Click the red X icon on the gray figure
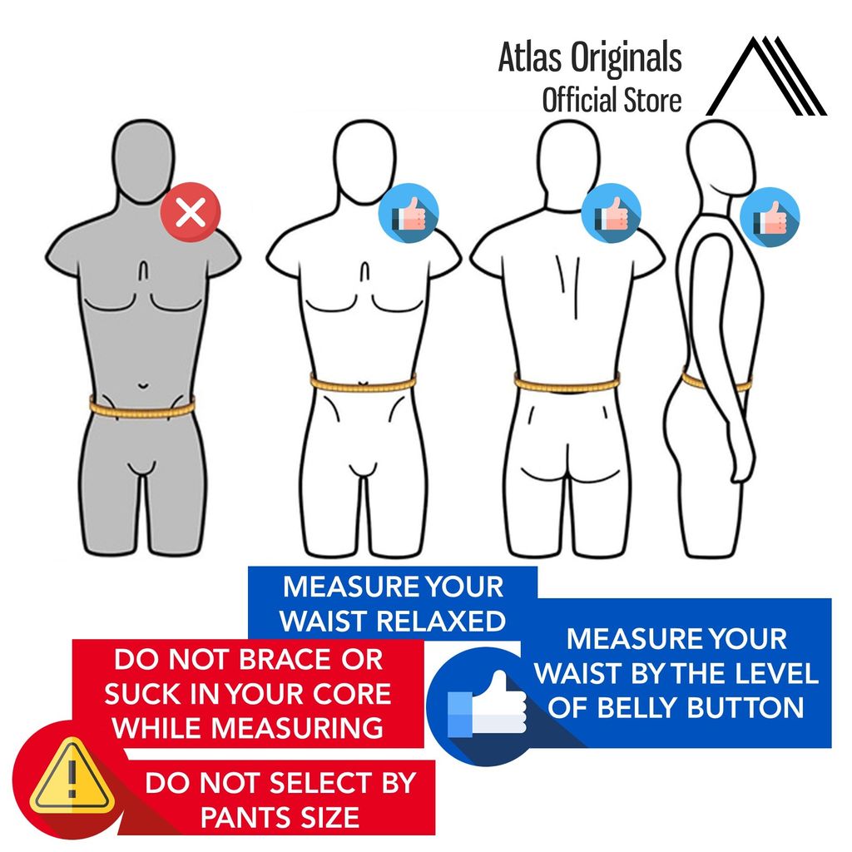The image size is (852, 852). [x=192, y=213]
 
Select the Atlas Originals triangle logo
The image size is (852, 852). [x=766, y=77]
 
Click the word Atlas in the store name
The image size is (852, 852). [x=527, y=57]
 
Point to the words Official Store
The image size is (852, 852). [x=612, y=100]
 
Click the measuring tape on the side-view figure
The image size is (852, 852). [x=716, y=383]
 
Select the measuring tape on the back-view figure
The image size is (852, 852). [x=567, y=384]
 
